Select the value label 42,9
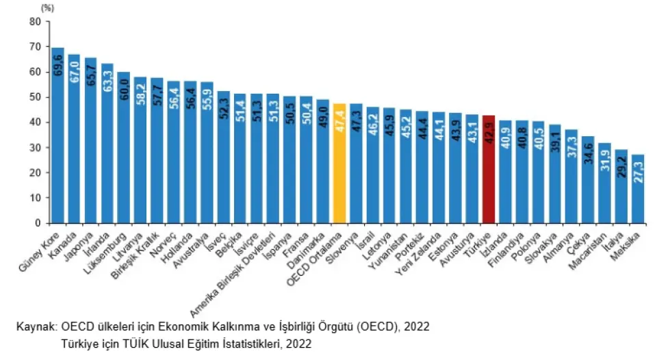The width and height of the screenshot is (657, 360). pos(489,131)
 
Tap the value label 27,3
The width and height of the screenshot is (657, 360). pos(638,171)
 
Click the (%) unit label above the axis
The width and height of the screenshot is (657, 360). pos(47,8)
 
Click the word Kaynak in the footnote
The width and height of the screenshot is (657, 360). pos(35,327)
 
